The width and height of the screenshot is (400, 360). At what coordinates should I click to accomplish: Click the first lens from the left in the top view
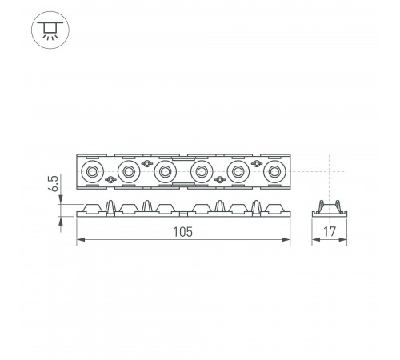click(91, 170)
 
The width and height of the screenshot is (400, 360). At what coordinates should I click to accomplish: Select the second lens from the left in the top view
click(128, 170)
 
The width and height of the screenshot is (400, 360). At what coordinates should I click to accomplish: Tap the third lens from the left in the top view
click(165, 170)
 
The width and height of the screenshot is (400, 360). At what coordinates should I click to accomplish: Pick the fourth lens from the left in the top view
click(201, 170)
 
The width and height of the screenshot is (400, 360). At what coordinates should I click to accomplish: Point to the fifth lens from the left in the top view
click(238, 170)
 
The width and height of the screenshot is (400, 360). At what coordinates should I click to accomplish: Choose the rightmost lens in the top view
click(274, 170)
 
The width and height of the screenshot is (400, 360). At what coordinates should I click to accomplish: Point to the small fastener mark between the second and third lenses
click(146, 162)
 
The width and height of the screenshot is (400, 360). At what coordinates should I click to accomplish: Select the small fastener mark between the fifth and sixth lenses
click(256, 162)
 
